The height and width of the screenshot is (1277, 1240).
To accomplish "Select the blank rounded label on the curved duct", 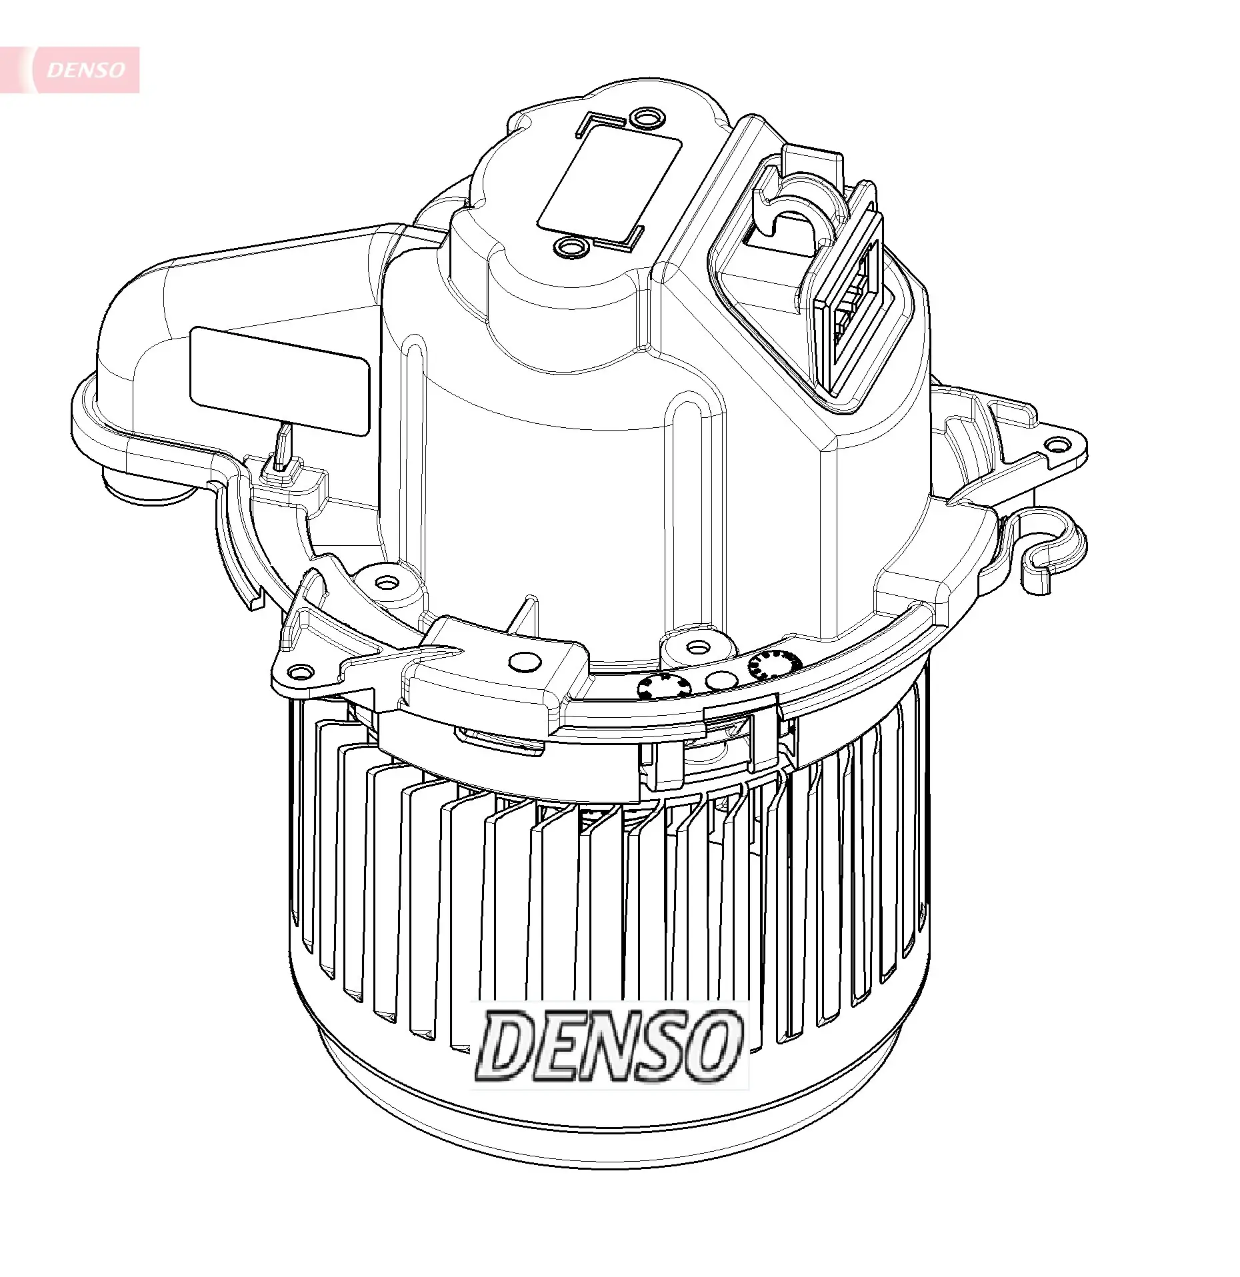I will tap(279, 381).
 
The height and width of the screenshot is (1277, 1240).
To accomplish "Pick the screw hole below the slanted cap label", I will tap(570, 248).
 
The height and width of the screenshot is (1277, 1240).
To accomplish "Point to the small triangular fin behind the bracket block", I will tap(525, 615).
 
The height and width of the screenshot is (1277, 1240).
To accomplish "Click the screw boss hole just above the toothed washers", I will tap(697, 646).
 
